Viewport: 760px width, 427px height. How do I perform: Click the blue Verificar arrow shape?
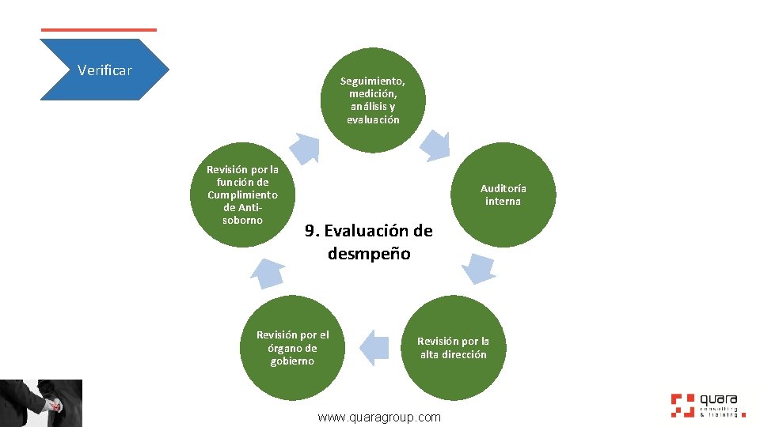point(104,70)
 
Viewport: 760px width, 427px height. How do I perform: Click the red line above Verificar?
point(98,30)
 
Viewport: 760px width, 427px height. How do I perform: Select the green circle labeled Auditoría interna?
point(503,195)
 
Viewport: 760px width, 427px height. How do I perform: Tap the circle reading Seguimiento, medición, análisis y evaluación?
point(373,100)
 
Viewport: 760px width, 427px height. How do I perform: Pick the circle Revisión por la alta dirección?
point(453,348)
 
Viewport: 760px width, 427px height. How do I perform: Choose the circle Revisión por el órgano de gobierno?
point(292,348)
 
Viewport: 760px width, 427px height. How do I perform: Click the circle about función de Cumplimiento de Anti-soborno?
point(242,195)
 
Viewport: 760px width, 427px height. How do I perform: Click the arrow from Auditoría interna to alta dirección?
point(478,269)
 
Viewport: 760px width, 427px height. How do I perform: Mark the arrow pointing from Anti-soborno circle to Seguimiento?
point(303,147)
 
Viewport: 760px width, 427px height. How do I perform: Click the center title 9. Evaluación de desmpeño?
point(369,242)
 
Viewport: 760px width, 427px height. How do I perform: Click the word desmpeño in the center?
point(369,255)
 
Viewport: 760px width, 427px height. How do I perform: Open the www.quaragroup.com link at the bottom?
point(379,417)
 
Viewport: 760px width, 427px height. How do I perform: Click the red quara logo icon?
point(682,404)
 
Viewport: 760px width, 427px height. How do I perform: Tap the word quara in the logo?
point(719,400)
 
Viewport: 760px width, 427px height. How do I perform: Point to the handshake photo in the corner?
point(41,403)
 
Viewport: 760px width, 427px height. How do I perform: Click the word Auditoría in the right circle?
point(503,188)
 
